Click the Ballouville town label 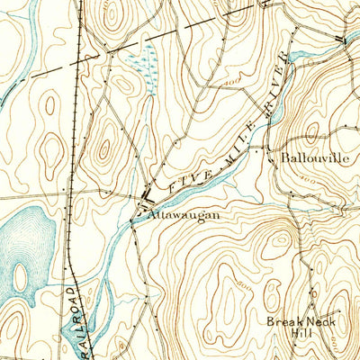pyautogui.click(x=313, y=157)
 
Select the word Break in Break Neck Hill pyautogui.click(x=282, y=320)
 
